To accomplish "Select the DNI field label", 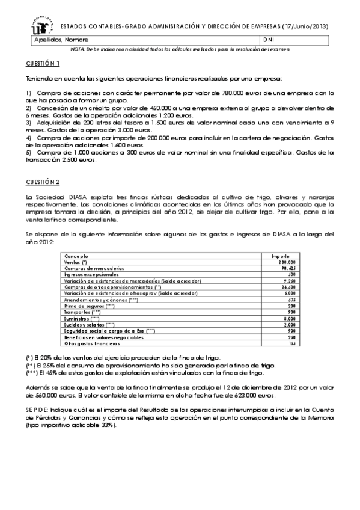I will pyautogui.click(x=268, y=40).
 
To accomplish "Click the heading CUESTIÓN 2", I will pyautogui.click(x=43, y=181).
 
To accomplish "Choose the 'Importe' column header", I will pyautogui.click(x=281, y=256).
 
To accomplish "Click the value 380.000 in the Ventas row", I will pyautogui.click(x=286, y=262).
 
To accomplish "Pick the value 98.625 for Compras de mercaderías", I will pyautogui.click(x=287, y=268).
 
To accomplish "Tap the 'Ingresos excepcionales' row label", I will pyautogui.click(x=88, y=274).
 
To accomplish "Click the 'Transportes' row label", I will pyautogui.click(x=81, y=313).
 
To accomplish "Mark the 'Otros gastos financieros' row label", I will pyautogui.click(x=90, y=344).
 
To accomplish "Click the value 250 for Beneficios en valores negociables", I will pyautogui.click(x=290, y=337).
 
